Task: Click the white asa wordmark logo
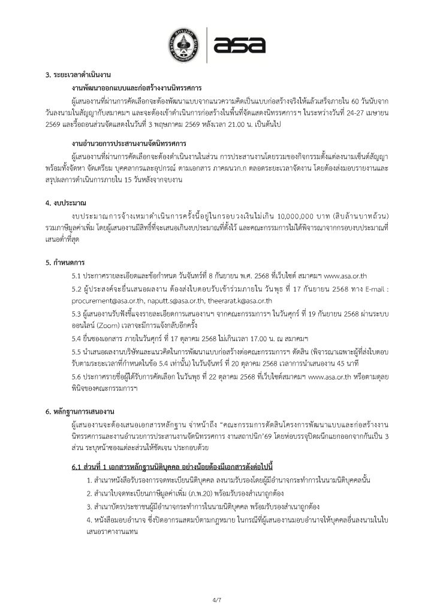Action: (x=239, y=44)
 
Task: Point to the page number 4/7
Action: (x=216, y=599)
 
